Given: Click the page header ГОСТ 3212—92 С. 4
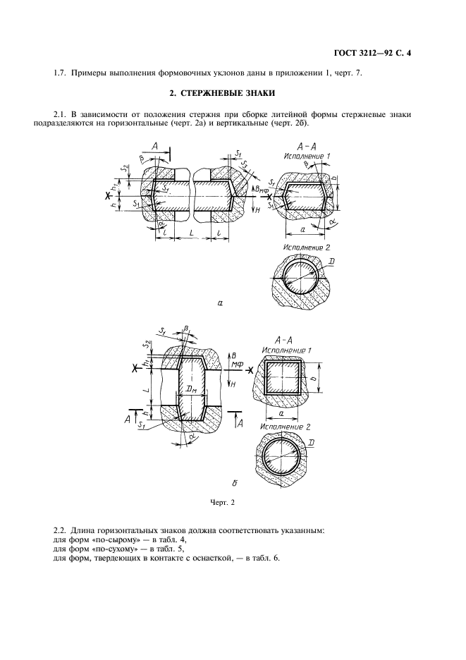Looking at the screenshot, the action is point(372,54).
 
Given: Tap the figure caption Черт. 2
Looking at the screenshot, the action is point(222,502).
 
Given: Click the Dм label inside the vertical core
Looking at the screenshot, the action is point(192,391).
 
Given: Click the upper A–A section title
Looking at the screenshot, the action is point(307,147).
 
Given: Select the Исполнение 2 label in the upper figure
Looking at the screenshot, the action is point(307,248).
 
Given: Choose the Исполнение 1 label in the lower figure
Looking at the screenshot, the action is point(286,350).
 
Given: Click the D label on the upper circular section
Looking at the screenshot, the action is point(332,262).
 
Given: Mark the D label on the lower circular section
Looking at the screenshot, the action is point(311,443).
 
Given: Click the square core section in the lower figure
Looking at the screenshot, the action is point(282,377).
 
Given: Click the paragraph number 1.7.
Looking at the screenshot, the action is point(60,73).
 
